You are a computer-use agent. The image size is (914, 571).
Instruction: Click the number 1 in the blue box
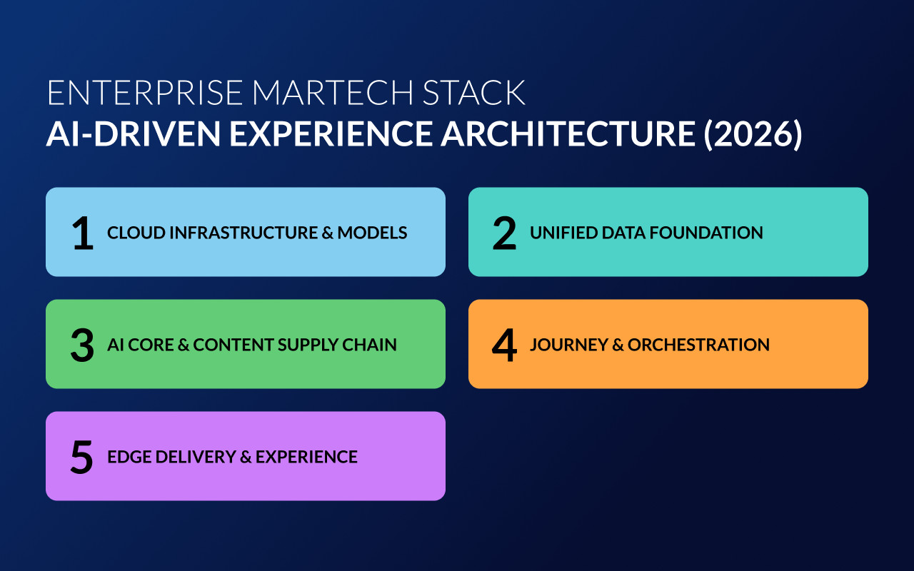[x=83, y=233]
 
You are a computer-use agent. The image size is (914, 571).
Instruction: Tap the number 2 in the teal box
[x=504, y=233]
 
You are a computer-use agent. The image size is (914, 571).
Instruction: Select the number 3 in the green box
[x=83, y=345]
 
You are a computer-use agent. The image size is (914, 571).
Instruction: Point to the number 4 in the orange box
[x=504, y=345]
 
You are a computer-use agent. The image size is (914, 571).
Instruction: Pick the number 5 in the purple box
[x=83, y=457]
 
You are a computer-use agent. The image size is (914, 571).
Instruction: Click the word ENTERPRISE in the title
[x=145, y=94]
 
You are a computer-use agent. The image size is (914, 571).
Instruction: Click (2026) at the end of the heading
[x=753, y=134]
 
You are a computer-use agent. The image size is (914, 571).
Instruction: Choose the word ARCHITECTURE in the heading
[x=567, y=134]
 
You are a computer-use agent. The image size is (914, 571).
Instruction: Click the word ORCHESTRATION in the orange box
[x=698, y=345]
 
